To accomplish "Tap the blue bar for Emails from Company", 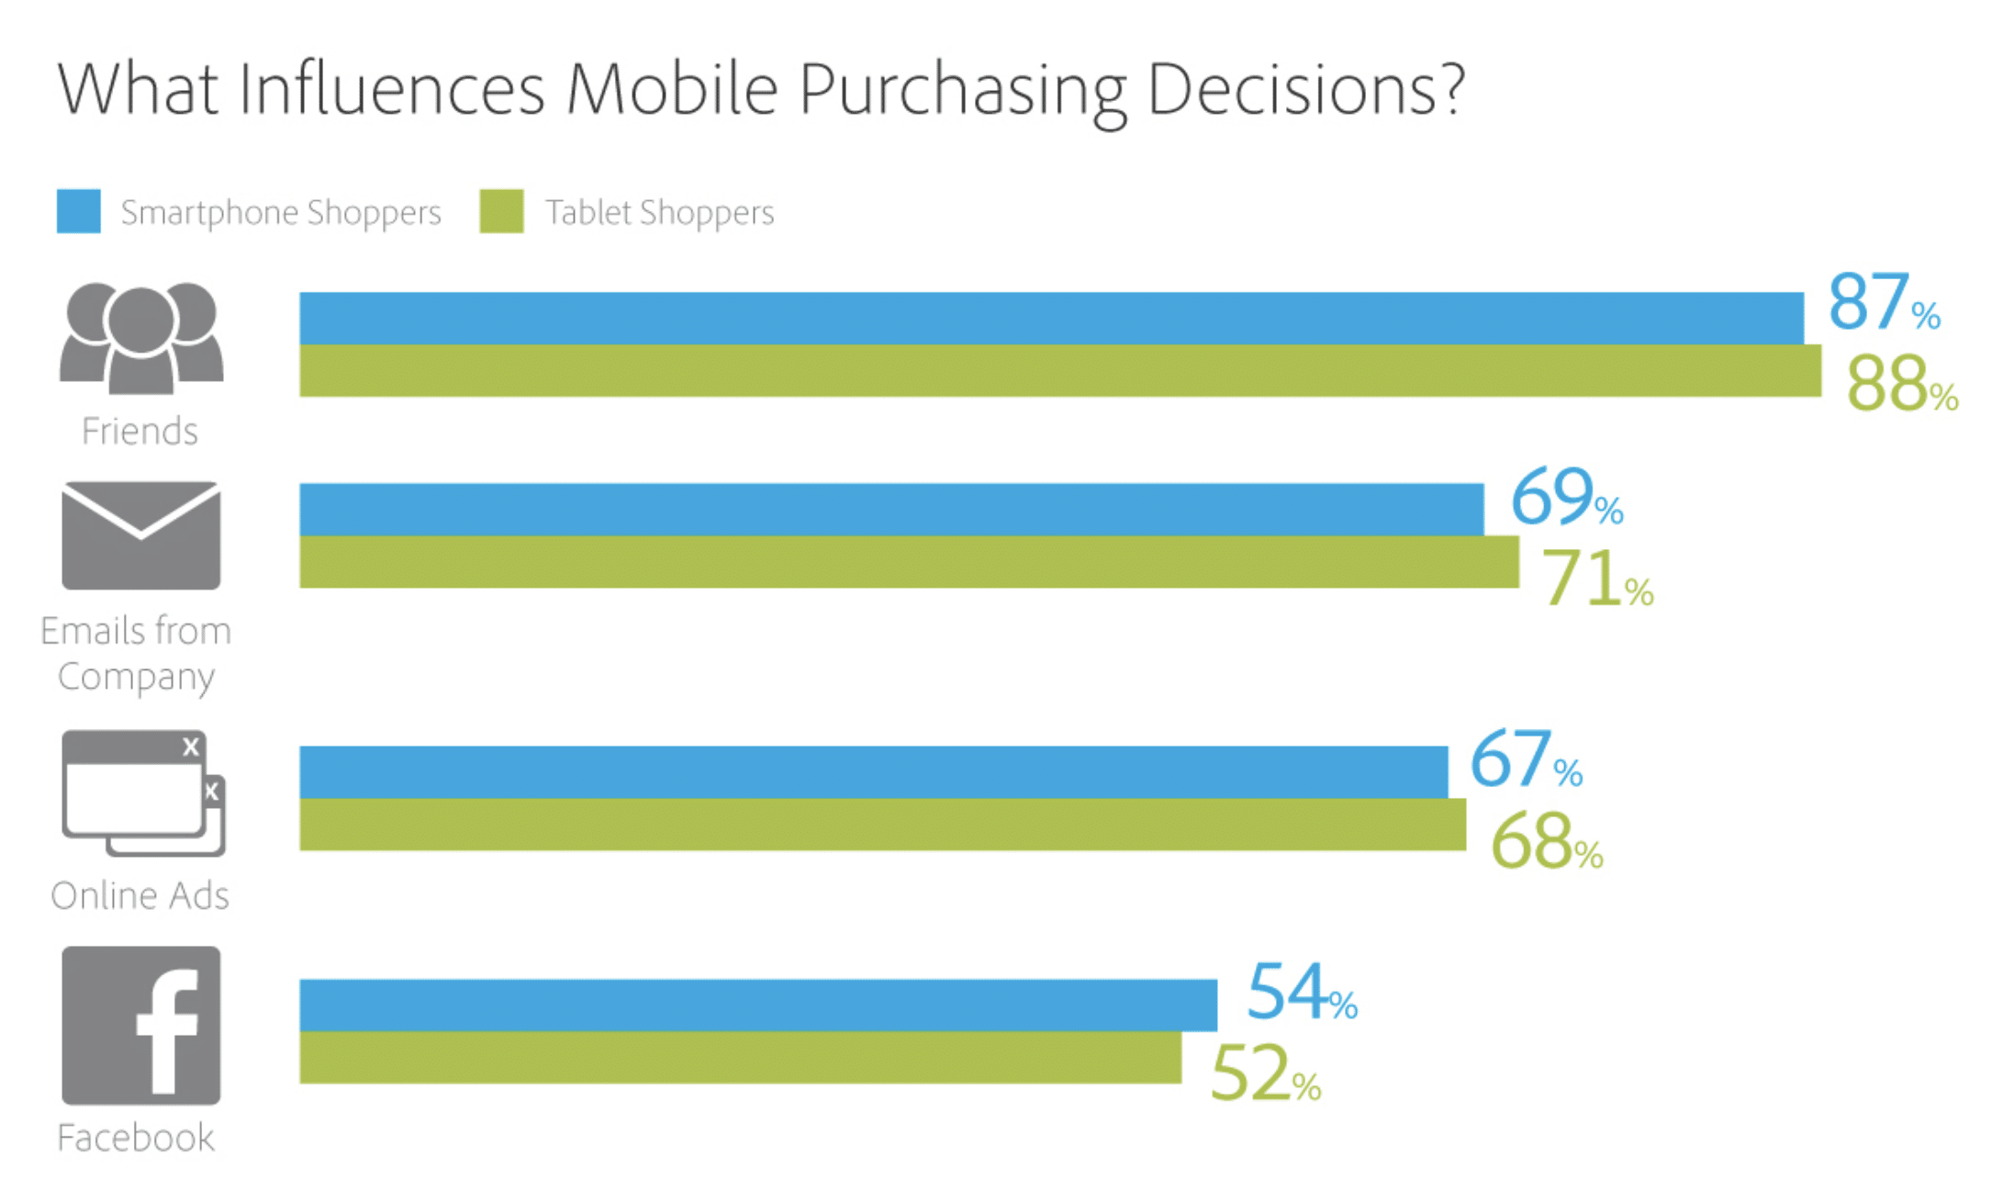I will (890, 509).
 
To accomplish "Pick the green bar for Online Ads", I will (882, 825).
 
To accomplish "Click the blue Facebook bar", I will (758, 1005).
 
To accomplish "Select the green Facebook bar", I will (740, 1058).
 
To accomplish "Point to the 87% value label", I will (1882, 302).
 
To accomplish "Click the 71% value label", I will (1595, 578).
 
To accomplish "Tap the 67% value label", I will (1525, 760).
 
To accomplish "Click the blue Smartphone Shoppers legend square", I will (79, 211).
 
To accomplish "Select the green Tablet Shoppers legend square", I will (501, 211).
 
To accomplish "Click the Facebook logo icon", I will (141, 1026).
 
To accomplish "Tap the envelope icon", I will (141, 535).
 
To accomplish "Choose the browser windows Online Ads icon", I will (143, 793).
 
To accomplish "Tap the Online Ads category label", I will (140, 895).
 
